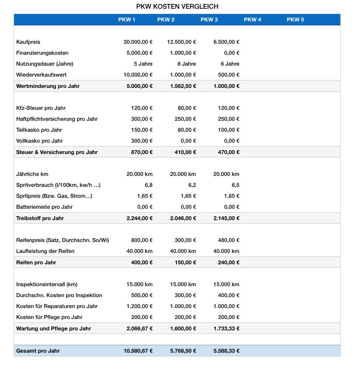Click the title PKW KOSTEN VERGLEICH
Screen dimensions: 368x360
click(x=177, y=7)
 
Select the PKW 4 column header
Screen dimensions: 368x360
click(x=252, y=20)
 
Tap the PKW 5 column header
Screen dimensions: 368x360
click(x=295, y=20)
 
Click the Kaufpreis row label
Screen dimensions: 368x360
click(x=28, y=42)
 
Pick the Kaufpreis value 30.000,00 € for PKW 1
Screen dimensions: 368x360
click(x=138, y=42)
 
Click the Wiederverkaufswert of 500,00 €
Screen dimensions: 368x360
click(x=229, y=75)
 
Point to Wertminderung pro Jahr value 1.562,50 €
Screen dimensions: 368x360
click(x=183, y=86)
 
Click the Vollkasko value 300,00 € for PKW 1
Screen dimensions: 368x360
click(x=142, y=141)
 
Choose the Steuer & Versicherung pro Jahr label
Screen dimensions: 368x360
click(x=57, y=152)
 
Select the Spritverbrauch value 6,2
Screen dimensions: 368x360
click(x=192, y=185)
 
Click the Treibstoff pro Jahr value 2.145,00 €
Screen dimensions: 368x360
click(x=226, y=218)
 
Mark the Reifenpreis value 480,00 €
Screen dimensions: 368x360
click(x=229, y=240)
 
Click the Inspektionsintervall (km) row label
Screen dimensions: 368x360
click(x=47, y=284)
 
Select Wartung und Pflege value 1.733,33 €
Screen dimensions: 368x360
click(x=226, y=329)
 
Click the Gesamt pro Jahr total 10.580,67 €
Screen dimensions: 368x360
click(x=138, y=351)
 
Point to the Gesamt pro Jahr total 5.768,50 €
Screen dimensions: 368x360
click(x=183, y=351)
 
